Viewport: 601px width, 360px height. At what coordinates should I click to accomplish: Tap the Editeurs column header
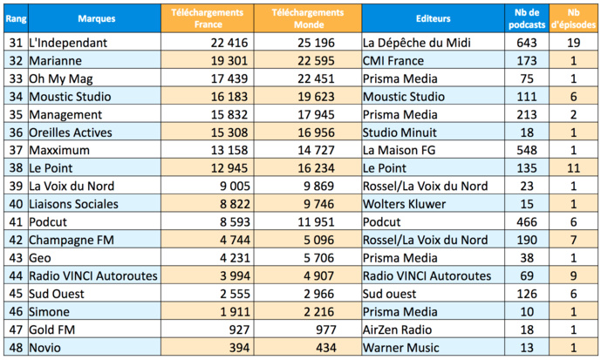pos(433,17)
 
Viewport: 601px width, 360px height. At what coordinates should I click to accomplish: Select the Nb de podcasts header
pos(527,17)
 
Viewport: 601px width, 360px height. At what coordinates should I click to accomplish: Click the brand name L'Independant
pos(68,42)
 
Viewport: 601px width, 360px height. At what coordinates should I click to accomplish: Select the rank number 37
pos(12,150)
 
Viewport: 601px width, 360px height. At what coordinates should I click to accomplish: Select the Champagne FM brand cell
pos(75,240)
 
